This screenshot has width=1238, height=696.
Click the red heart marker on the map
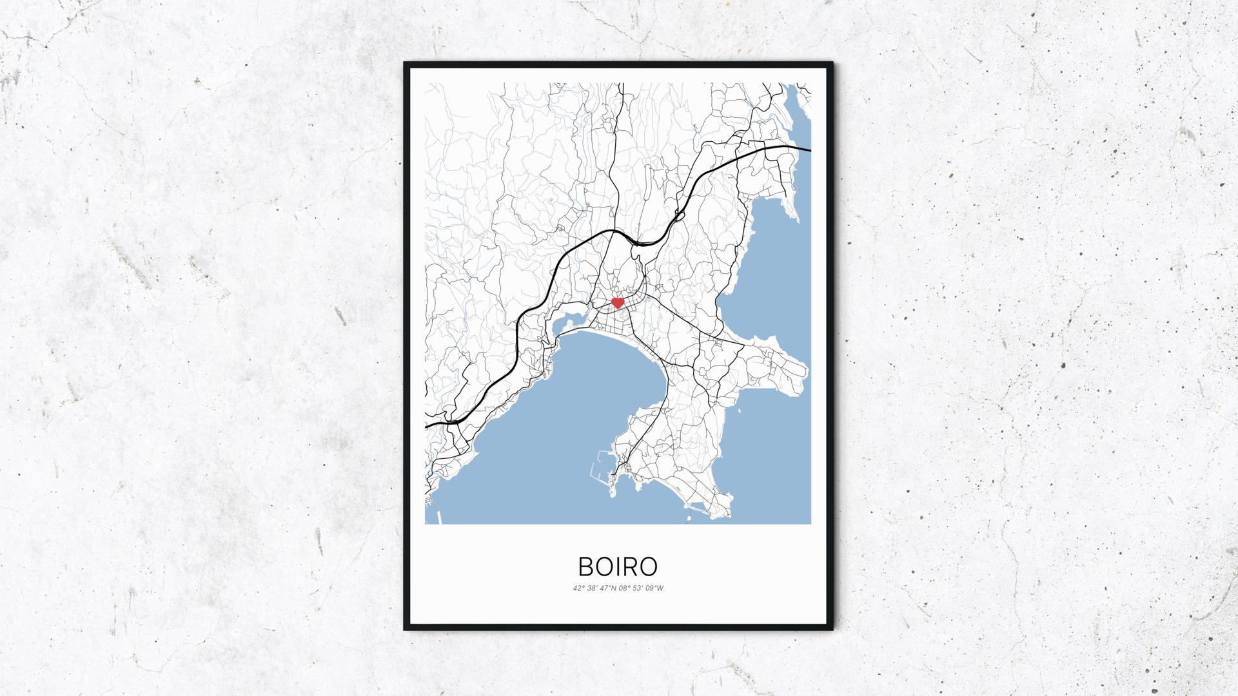pos(618,302)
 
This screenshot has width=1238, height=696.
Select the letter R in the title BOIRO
pos(630,566)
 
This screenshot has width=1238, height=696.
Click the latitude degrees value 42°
pos(577,588)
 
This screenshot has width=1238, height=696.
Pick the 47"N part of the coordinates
pos(608,588)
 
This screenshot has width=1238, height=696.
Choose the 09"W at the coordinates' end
pos(655,588)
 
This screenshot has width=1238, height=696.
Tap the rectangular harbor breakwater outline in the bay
pos(598,467)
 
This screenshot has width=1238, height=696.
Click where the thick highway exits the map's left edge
pos(427,426)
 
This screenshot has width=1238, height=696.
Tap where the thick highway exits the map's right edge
pos(809,151)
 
